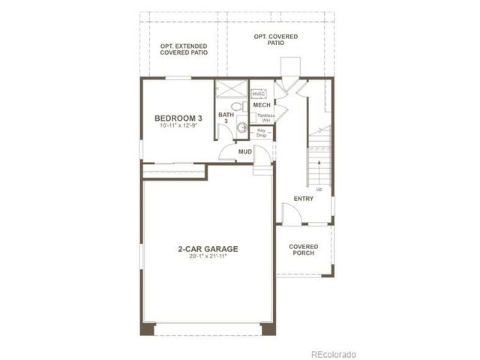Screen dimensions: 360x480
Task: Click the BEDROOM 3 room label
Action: [178, 118]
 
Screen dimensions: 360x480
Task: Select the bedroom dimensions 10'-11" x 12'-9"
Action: [178, 126]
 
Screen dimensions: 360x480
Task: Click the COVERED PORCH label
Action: [303, 249]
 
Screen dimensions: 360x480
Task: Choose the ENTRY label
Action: [303, 199]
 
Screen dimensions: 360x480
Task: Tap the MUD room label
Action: [244, 152]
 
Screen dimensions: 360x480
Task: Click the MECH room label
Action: [262, 105]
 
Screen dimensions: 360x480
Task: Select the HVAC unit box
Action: [259, 93]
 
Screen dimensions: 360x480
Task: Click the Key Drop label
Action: [262, 133]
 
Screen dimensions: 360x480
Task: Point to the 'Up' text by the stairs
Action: [319, 189]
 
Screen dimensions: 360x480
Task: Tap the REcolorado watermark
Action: [334, 352]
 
